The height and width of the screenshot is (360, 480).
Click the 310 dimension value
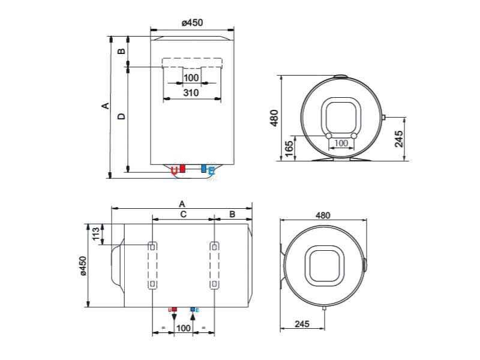pos(191,92)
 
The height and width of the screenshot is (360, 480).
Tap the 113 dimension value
pos(96,234)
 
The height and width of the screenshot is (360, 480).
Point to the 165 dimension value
pos(289,148)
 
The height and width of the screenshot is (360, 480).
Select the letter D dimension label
pos(122,116)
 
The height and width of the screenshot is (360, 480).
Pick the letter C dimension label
pos(183,214)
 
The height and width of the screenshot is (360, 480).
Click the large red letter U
pos(174,171)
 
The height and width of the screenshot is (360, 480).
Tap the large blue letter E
pos(212,171)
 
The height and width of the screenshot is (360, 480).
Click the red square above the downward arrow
pos(175,310)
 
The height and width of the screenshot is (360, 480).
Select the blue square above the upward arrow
pos(193,310)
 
